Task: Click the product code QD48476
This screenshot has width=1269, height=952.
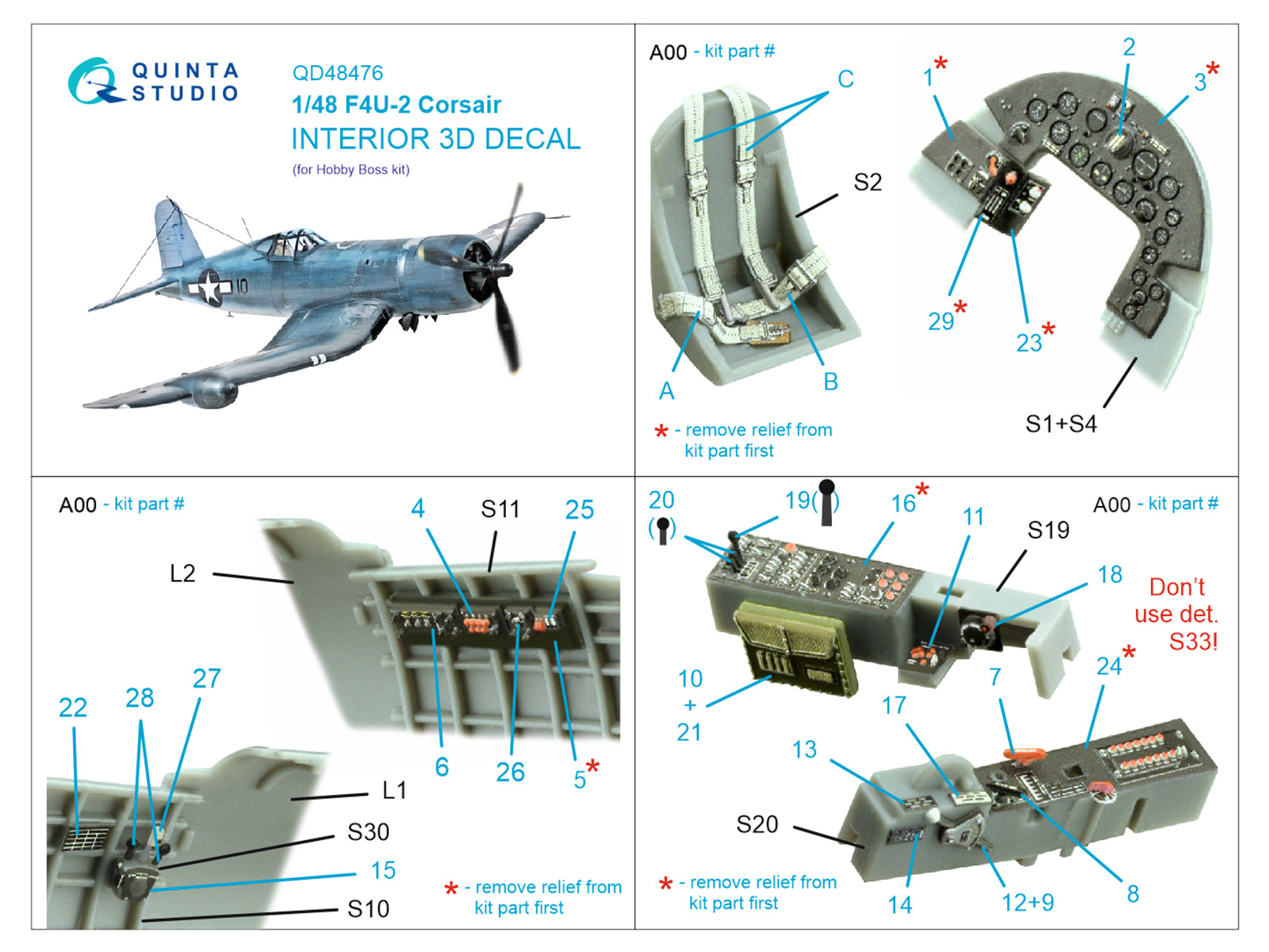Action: (x=337, y=73)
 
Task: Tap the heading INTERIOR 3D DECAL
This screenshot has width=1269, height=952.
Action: (x=435, y=139)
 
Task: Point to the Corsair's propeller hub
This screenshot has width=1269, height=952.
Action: (x=500, y=271)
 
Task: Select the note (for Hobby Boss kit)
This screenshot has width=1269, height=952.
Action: (x=351, y=170)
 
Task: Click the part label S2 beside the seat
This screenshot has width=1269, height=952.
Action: (x=867, y=182)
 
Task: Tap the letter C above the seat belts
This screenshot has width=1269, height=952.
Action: (x=845, y=79)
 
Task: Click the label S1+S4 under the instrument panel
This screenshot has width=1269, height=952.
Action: (x=1060, y=424)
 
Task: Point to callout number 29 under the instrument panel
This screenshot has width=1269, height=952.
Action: (x=941, y=321)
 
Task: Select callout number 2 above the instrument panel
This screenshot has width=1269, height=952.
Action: (x=1129, y=48)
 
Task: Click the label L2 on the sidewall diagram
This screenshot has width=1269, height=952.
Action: (x=182, y=574)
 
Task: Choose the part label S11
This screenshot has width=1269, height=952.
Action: (x=500, y=509)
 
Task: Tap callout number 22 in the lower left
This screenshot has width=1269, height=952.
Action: (x=73, y=708)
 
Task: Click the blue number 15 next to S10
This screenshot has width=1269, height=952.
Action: (x=383, y=870)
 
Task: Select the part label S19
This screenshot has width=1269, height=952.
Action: (x=1048, y=530)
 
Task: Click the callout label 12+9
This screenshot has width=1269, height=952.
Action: (x=1027, y=902)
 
